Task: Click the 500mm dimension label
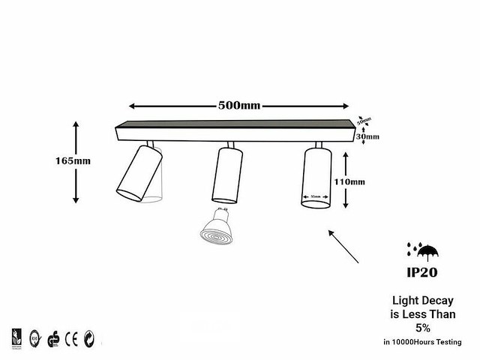238,105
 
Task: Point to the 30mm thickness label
368,136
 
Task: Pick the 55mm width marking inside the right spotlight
316,198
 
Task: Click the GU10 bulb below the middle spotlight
218,226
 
